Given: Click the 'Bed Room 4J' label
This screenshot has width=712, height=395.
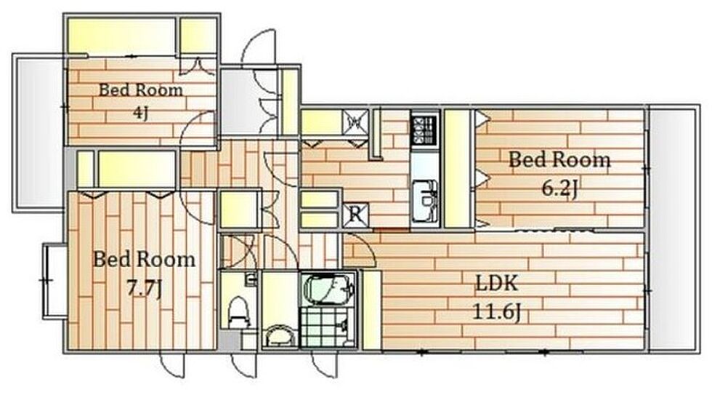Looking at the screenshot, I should point(141,102).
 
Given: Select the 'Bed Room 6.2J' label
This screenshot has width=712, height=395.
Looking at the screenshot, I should point(559,173).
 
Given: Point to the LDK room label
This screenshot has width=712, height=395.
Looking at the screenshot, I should point(496,283).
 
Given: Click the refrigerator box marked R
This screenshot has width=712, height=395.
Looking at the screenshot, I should point(356,215).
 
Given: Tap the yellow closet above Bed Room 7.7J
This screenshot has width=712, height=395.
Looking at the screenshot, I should point(136,169).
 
